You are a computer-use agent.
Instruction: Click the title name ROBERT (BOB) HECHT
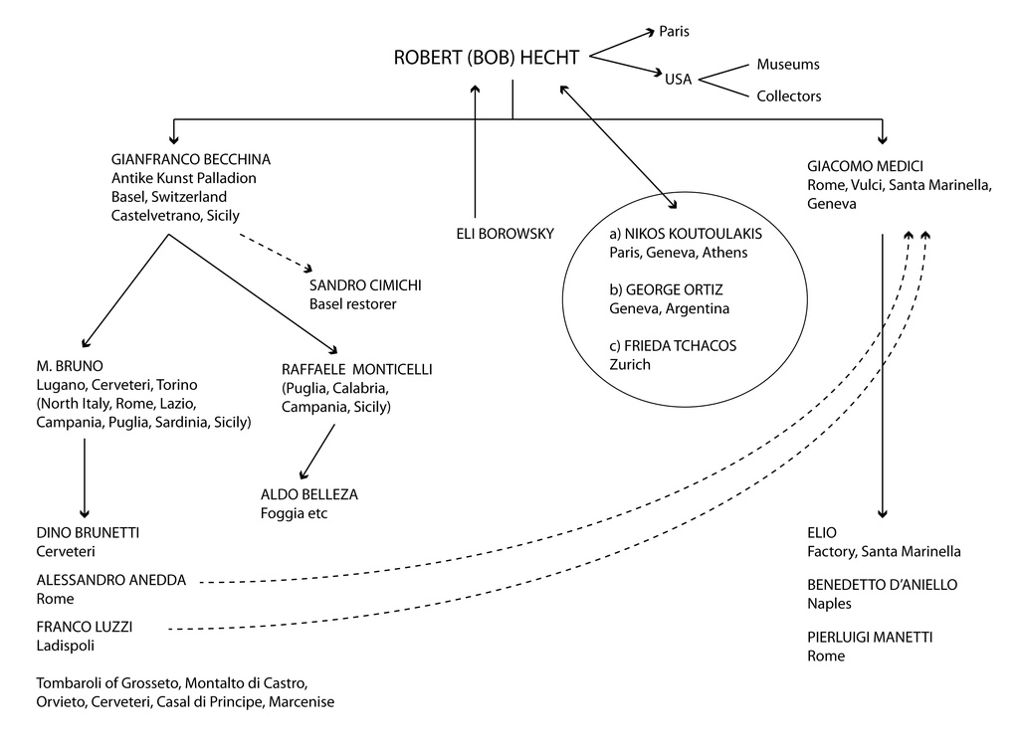486,58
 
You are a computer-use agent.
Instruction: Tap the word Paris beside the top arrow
674,32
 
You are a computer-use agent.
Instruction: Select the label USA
679,80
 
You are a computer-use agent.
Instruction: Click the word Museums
788,65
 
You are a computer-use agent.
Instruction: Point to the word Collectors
788,96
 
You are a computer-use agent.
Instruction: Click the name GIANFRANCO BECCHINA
191,159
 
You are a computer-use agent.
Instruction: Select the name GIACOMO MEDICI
859,167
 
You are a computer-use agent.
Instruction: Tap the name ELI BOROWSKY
503,234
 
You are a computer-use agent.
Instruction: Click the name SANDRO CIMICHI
365,285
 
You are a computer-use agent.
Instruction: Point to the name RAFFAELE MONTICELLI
357,369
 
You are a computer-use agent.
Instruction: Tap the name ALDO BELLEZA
308,494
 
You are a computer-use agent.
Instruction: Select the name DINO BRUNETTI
88,532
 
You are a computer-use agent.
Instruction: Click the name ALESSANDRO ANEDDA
110,580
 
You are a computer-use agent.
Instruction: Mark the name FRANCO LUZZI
85,627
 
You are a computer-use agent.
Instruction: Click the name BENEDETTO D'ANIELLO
882,584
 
